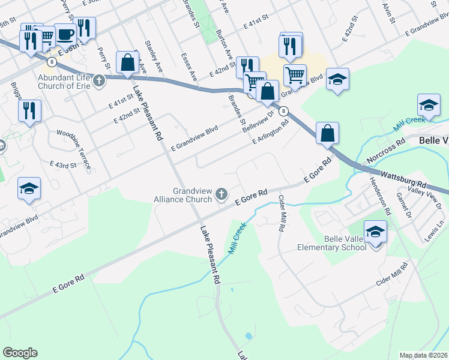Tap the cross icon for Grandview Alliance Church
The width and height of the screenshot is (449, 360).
click(221, 193)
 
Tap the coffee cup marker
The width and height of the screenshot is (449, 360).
click(65, 34)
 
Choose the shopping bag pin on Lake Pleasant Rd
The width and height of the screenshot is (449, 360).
click(127, 62)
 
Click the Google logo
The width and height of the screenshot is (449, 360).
click(20, 353)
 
